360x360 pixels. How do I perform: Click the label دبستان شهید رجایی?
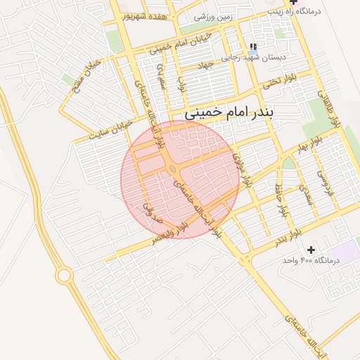click(255, 58)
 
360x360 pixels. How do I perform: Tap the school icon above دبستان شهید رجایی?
click(253, 47)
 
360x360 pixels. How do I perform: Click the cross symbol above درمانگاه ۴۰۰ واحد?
click(311, 250)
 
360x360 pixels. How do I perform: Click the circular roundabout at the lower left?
click(64, 275)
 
